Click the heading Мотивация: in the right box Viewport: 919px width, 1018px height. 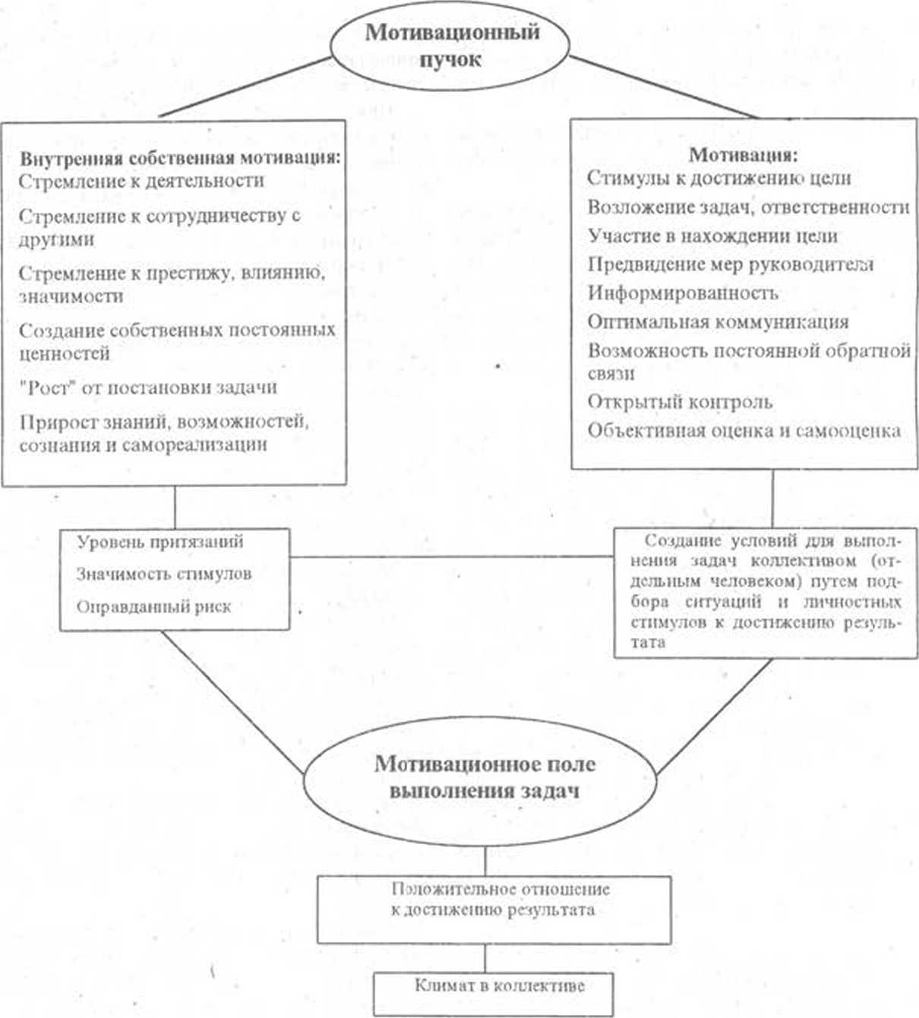[x=743, y=155]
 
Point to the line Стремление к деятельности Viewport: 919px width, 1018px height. [x=141, y=181]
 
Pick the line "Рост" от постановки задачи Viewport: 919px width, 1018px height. [x=148, y=387]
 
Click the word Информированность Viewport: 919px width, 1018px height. [x=683, y=292]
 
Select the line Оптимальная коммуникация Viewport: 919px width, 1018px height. [x=718, y=321]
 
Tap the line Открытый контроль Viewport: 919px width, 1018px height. [x=680, y=401]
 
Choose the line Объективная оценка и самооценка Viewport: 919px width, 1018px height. [x=744, y=430]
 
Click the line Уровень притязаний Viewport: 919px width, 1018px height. [x=160, y=542]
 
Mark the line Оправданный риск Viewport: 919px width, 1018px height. [x=153, y=607]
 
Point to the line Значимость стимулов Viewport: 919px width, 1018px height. [x=163, y=574]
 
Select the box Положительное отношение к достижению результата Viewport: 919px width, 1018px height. [x=494, y=909]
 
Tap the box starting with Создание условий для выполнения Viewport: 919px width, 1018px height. [x=766, y=592]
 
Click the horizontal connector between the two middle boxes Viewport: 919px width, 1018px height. [x=452, y=557]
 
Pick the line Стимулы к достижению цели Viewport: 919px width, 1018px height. [x=718, y=178]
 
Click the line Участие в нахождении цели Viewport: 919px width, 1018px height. [x=712, y=236]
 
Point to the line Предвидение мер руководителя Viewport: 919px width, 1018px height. [x=730, y=264]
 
